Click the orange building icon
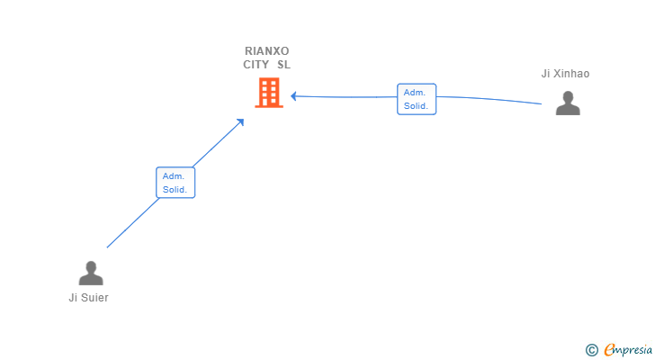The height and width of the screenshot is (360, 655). (269, 93)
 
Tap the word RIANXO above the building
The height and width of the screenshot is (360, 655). (267, 51)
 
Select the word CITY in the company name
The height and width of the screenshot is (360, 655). (256, 65)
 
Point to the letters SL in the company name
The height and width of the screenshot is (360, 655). (283, 65)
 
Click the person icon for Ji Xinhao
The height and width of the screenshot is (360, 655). (568, 103)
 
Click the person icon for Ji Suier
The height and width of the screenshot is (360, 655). (91, 273)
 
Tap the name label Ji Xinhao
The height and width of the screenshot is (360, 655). (565, 74)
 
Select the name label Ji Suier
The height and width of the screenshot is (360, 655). (88, 298)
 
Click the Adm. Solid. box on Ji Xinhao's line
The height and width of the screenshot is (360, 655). (417, 99)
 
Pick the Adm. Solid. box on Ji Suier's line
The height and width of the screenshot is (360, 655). (175, 183)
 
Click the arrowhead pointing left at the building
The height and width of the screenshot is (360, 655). (293, 96)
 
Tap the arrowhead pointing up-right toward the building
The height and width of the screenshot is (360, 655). (240, 122)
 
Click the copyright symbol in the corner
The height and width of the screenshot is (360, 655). (591, 350)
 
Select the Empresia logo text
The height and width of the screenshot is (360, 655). (628, 350)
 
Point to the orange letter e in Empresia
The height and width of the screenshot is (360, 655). (609, 350)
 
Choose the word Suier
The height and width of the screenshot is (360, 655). (94, 298)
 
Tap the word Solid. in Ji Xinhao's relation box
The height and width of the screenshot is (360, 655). (416, 106)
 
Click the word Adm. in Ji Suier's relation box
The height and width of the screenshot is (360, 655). (174, 176)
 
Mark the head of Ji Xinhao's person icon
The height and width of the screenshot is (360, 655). (568, 97)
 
